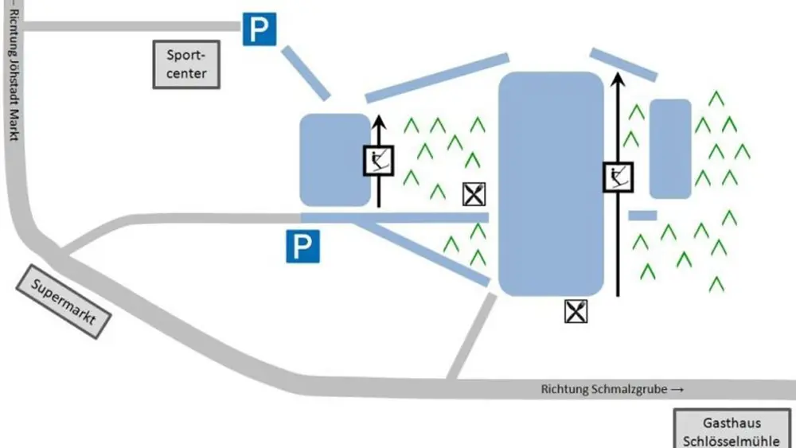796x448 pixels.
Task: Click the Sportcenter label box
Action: [185, 65]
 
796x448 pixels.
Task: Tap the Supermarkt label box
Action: [64, 301]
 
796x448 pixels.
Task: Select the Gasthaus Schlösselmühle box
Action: [733, 430]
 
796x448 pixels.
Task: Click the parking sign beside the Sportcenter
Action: [259, 30]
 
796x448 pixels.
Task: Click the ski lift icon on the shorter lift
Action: [379, 161]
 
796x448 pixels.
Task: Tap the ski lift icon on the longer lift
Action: [618, 176]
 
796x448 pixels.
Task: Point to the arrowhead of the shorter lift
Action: [379, 122]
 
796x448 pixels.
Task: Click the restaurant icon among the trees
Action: [474, 193]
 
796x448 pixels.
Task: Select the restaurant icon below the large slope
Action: [576, 311]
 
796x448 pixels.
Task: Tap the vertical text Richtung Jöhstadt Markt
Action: [13, 72]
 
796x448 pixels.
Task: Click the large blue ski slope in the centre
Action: [549, 183]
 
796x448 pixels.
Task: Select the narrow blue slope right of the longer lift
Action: [670, 149]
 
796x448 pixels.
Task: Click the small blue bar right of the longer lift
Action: [642, 215]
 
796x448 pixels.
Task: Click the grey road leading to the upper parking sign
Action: [119, 26]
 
